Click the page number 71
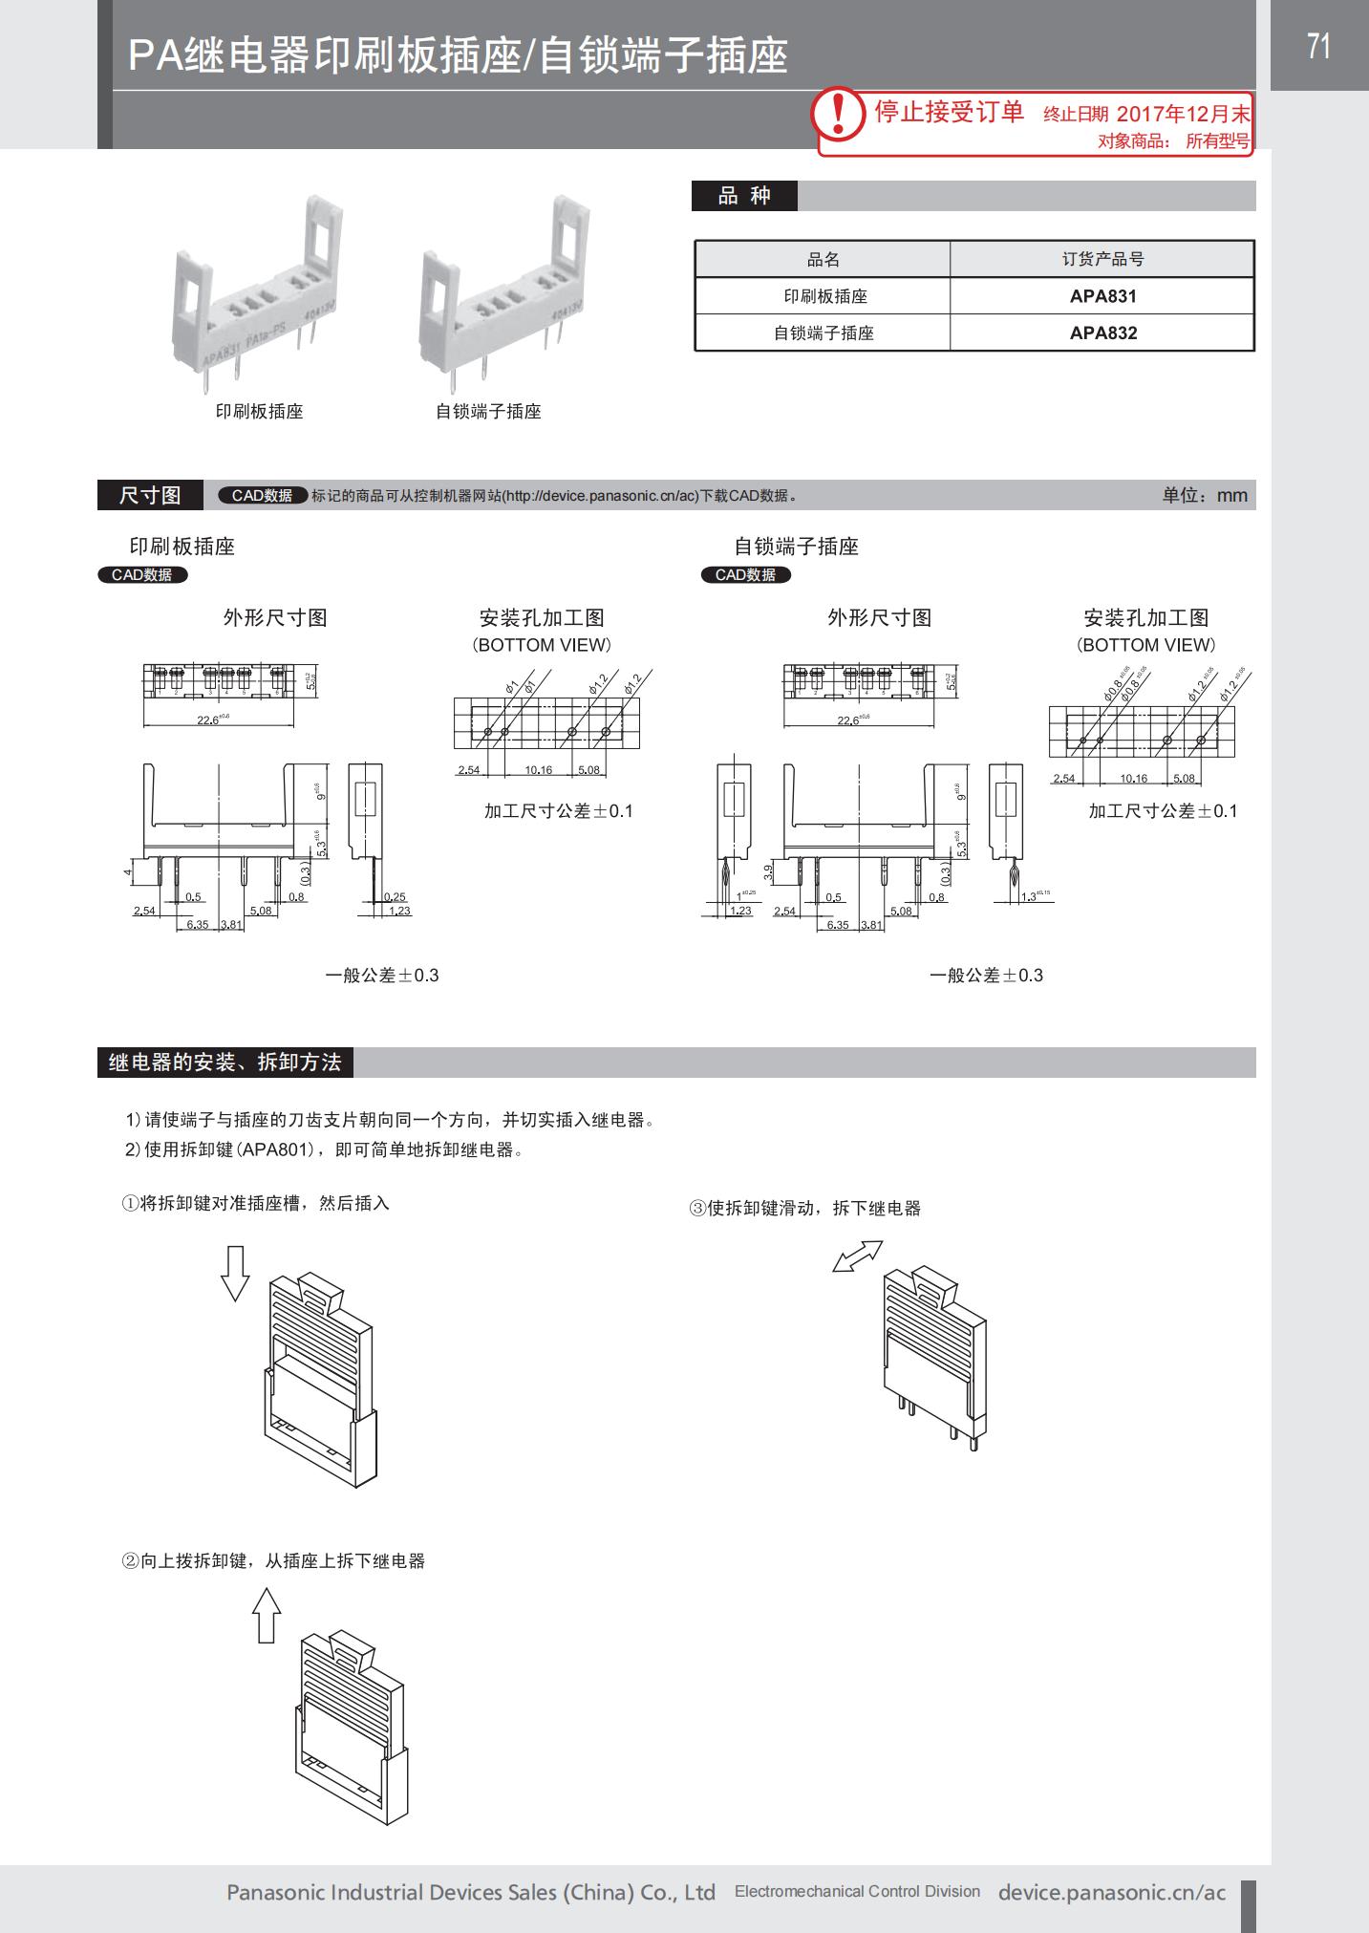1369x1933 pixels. point(1318,46)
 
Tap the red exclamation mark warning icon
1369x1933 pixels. point(839,113)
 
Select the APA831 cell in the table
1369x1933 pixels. point(1102,296)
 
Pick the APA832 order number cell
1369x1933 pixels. point(1102,333)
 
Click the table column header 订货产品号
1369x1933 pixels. point(1102,259)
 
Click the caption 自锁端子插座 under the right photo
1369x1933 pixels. point(488,412)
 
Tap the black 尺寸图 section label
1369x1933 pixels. point(150,495)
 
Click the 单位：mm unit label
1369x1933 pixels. point(1205,495)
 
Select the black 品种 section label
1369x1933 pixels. point(744,196)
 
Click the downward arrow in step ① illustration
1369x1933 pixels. point(234,1274)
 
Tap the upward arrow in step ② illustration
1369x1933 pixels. point(267,1615)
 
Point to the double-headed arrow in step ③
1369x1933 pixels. point(857,1256)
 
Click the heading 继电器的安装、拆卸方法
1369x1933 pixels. point(225,1063)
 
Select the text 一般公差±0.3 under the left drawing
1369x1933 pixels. point(382,976)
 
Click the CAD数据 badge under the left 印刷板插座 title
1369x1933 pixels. point(142,575)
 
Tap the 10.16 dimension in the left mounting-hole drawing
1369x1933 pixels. point(538,770)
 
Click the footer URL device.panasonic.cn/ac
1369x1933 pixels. point(1111,1892)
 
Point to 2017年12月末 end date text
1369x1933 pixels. point(1183,115)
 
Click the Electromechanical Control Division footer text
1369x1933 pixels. point(857,1891)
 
